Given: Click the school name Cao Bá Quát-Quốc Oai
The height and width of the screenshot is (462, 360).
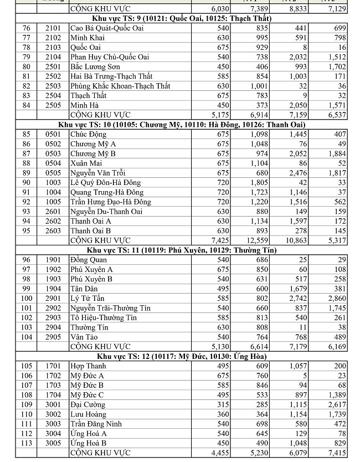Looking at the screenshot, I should [106, 28].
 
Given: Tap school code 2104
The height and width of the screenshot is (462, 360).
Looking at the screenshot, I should [53, 57].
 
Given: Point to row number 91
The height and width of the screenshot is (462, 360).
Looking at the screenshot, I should [26, 192].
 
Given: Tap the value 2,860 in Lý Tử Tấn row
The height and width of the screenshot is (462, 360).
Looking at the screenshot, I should [336, 299].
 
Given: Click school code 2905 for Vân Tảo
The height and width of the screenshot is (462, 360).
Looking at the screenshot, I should [53, 337].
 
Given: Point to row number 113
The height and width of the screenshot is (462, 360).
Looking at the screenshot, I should [26, 443].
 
